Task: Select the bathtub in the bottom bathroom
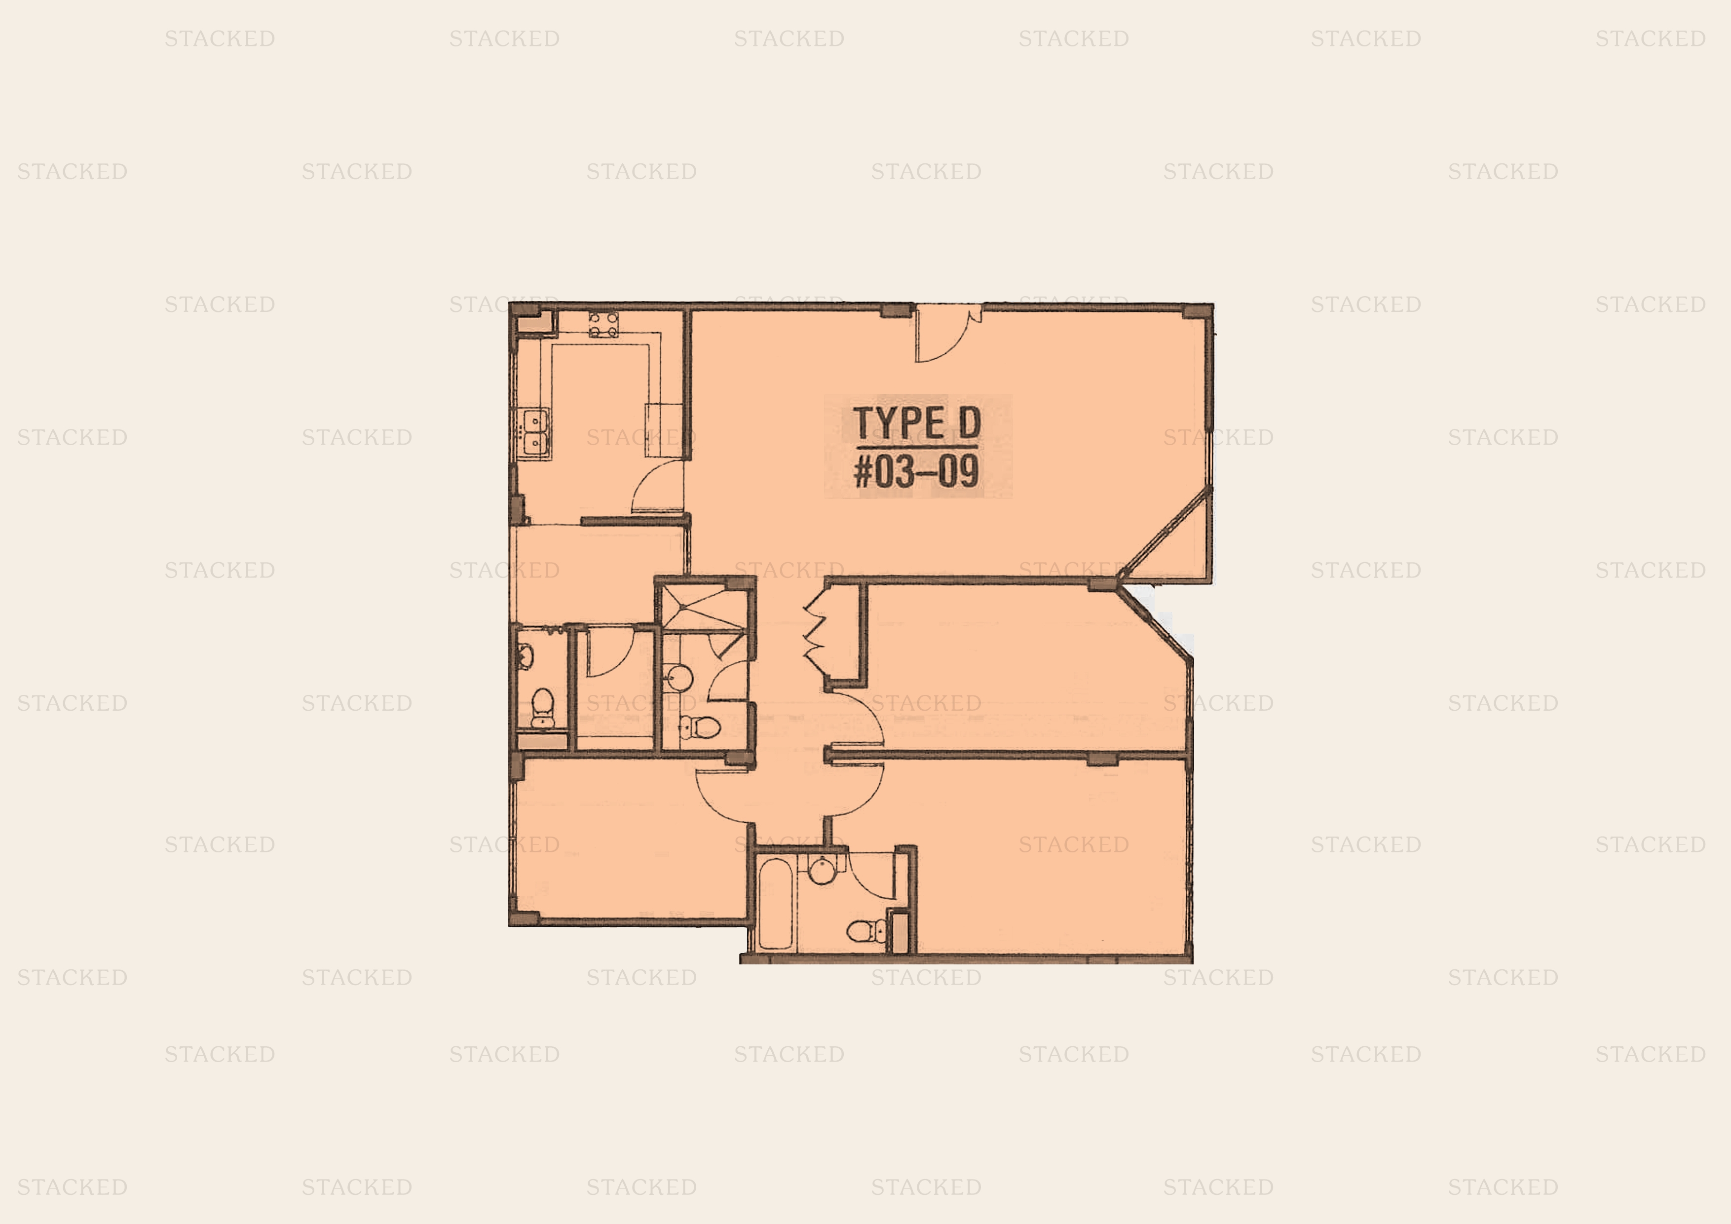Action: (775, 903)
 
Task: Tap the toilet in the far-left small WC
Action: (543, 707)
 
